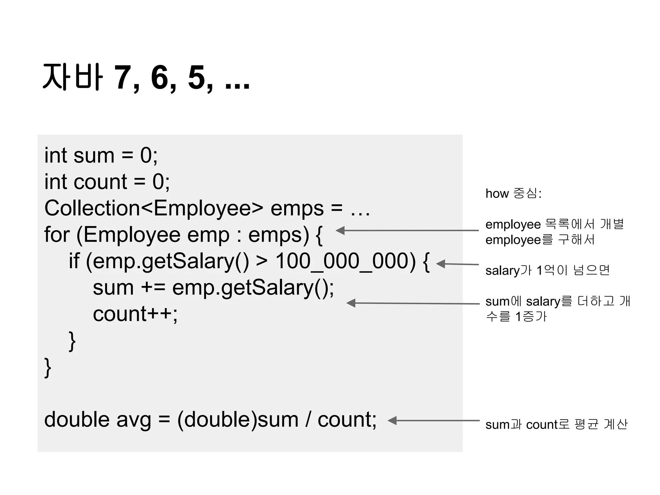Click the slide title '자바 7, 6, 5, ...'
click(x=146, y=77)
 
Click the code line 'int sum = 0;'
click(x=101, y=156)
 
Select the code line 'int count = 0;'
click(x=107, y=182)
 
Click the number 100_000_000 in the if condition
click(x=345, y=261)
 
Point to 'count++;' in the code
click(x=135, y=314)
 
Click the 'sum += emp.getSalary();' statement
click(x=213, y=287)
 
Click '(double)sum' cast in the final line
click(x=238, y=420)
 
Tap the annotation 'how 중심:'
click(x=513, y=193)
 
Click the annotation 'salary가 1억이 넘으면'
click(x=548, y=270)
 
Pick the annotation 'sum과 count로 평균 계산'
click(x=557, y=424)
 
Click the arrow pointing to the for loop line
click(x=407, y=230)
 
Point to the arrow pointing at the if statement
click(x=457, y=264)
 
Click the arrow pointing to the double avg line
click(x=434, y=421)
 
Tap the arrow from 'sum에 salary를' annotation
click(x=413, y=303)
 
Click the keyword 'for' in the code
click(x=57, y=235)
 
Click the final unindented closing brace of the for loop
click(x=48, y=367)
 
